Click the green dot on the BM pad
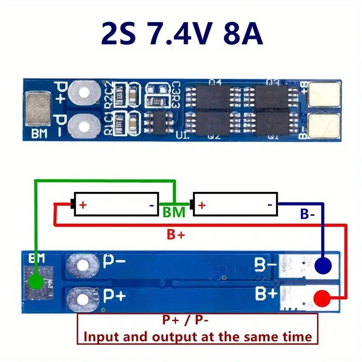point(35,283)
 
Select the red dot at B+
point(322,298)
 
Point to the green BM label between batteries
point(174,212)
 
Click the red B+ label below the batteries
point(176,234)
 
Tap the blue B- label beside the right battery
point(307,214)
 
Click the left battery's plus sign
point(83,205)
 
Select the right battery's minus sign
point(270,205)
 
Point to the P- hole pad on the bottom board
point(82,264)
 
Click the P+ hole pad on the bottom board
point(82,298)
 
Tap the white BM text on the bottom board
point(37,258)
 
